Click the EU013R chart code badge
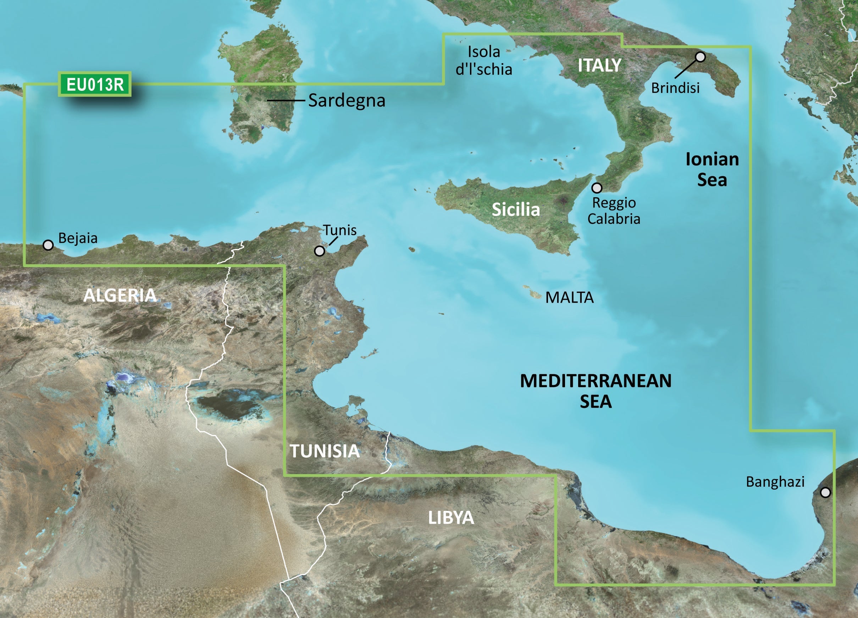(x=95, y=84)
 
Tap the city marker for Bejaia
(x=48, y=245)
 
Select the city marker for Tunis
(x=320, y=250)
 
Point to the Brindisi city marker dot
(x=701, y=57)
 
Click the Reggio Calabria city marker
(x=597, y=188)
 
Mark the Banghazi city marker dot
(x=825, y=492)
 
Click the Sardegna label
(x=347, y=101)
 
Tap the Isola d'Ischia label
(x=484, y=61)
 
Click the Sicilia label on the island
(x=516, y=209)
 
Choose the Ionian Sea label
(x=712, y=169)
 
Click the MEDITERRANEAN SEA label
(x=596, y=391)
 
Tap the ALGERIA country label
(x=120, y=295)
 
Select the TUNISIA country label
(x=325, y=451)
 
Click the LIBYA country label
(x=451, y=518)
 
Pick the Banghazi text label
(x=775, y=482)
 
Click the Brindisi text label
(x=675, y=88)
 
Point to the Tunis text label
(x=340, y=230)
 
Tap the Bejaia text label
(x=78, y=238)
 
